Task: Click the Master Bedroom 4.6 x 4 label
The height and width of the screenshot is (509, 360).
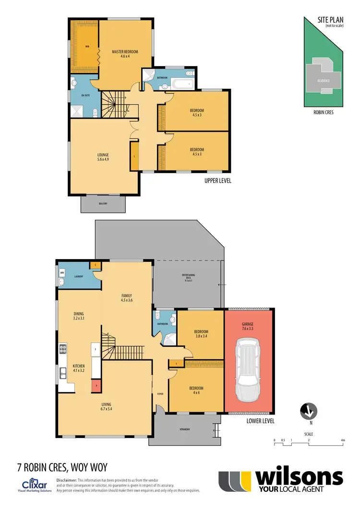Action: point(125,54)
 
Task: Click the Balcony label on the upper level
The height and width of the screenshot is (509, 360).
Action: point(103,203)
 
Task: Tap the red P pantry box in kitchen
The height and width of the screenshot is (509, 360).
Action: point(96,385)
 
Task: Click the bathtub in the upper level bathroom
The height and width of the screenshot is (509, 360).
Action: point(182,85)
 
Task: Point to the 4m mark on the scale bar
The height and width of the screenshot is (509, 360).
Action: point(342,440)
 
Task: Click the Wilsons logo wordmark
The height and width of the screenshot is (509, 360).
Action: point(299,478)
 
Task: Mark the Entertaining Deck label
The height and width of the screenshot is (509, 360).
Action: point(187,277)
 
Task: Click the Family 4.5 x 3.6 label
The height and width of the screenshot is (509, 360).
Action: point(126,297)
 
